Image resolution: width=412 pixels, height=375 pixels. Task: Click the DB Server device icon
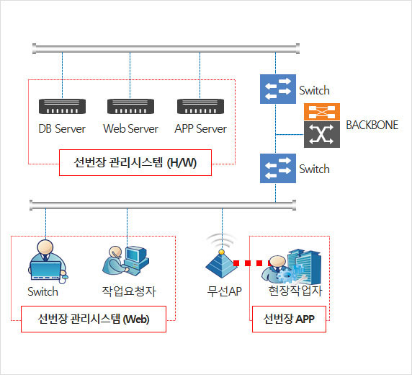[x=62, y=106]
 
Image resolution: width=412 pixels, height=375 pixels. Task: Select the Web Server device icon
[x=130, y=106]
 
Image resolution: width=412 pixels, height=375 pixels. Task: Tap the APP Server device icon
[x=200, y=106]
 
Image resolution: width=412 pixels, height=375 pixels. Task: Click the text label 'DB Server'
[x=62, y=128]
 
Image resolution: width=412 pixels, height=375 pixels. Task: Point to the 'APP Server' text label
[x=200, y=128]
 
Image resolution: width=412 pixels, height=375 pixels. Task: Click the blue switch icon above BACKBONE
[x=278, y=89]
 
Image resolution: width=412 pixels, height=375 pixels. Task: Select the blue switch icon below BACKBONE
[x=278, y=169]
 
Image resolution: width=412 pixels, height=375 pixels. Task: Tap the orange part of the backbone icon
[x=322, y=112]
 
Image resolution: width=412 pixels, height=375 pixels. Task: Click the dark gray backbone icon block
[x=322, y=134]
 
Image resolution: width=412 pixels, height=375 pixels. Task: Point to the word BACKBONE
[x=372, y=125]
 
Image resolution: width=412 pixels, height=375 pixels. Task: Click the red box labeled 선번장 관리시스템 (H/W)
[x=135, y=163]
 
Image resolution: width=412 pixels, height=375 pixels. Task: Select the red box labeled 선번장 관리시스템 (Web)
[x=94, y=319]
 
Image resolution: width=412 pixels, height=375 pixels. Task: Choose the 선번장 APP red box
[x=289, y=319]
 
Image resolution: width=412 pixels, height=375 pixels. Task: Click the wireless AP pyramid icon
[x=221, y=264]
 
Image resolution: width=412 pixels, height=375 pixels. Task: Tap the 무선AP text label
[x=225, y=291]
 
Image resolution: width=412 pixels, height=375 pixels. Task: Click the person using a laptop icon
[x=47, y=261]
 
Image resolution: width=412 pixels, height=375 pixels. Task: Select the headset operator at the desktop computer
[x=126, y=261]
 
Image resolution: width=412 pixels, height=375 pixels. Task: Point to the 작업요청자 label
[x=129, y=291]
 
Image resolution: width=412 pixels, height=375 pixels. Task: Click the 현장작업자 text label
[x=295, y=291]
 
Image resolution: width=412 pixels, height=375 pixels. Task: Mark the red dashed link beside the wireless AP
[x=251, y=263]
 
